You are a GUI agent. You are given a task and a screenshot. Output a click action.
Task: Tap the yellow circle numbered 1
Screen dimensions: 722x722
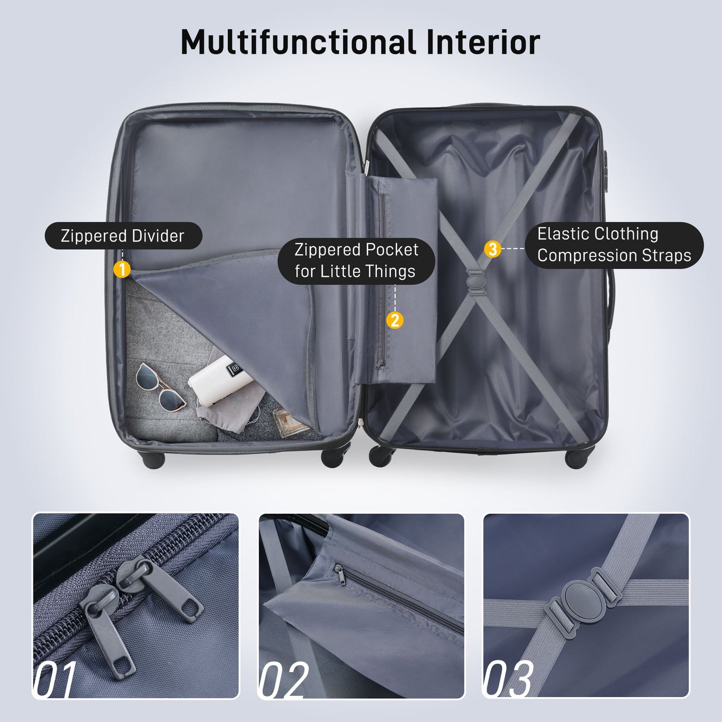point(122,269)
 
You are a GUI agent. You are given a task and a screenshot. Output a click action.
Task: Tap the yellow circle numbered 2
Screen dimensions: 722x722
point(395,320)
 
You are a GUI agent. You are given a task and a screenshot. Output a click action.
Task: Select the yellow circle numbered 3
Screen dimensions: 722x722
point(493,248)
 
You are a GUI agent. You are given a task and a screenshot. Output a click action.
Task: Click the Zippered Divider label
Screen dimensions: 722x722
point(123,236)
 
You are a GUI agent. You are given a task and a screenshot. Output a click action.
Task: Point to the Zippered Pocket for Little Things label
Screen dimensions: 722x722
point(356,260)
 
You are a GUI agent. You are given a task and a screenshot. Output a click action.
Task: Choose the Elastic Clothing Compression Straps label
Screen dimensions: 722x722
point(614,245)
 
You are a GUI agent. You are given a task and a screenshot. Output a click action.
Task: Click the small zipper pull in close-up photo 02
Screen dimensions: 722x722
point(340,576)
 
